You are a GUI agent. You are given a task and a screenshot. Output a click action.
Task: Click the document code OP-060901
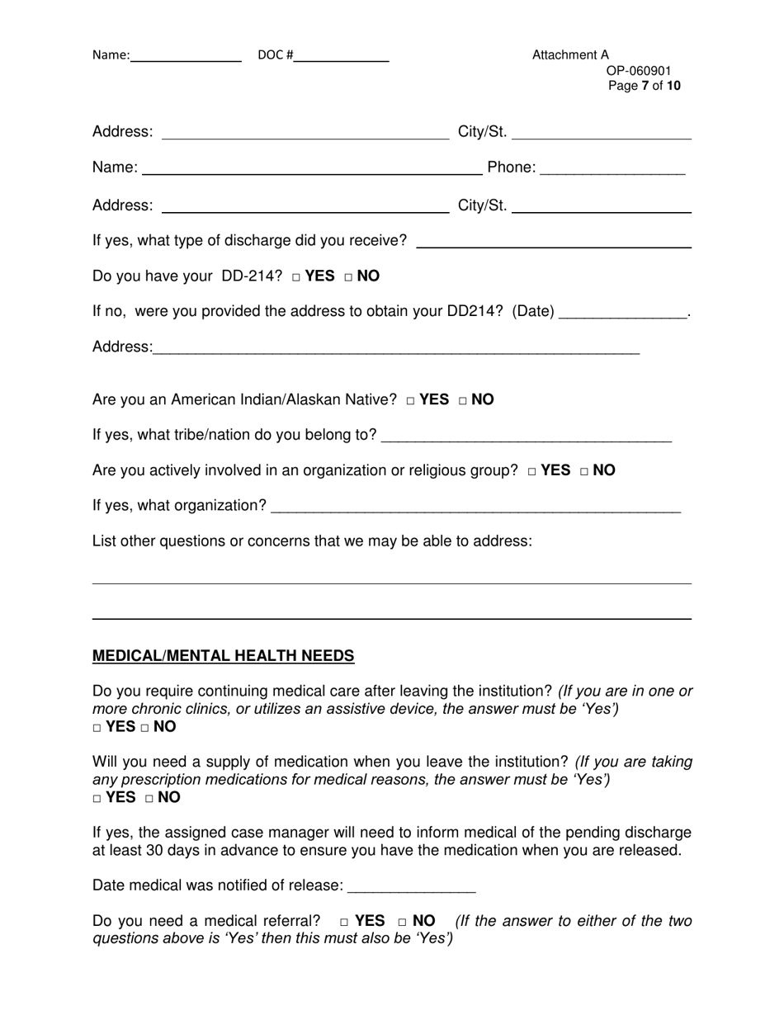639,71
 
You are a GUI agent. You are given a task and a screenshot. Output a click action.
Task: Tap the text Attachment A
570,55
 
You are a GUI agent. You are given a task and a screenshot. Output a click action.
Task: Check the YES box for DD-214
296,277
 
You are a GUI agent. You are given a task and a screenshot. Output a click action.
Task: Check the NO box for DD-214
349,277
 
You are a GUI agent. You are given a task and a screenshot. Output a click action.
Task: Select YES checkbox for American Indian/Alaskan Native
411,401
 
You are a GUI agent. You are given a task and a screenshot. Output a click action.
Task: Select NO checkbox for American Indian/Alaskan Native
463,401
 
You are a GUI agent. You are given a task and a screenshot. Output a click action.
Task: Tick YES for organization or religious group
532,472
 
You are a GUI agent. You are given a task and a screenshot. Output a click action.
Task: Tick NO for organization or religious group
584,472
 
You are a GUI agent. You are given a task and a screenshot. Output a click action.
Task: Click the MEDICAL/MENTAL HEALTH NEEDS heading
223,656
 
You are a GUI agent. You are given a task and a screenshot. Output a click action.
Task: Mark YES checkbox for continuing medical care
97,729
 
